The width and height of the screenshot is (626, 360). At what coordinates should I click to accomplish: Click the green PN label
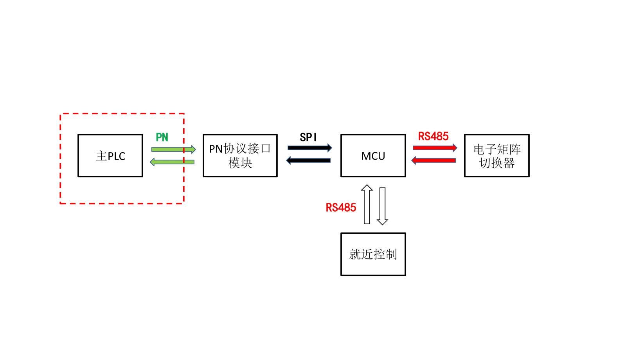point(162,137)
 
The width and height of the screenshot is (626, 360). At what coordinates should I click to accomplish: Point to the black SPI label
point(308,137)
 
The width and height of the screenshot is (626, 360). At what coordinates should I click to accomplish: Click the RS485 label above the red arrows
point(433,136)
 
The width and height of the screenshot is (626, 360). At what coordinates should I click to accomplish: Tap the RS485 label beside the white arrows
point(341,207)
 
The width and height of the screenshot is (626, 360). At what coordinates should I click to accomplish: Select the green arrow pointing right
point(173,149)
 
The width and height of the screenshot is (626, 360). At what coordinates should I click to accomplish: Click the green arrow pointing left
point(172,162)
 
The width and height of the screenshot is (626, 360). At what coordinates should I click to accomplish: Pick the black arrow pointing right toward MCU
point(309,148)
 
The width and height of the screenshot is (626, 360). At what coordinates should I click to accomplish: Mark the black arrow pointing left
point(308,160)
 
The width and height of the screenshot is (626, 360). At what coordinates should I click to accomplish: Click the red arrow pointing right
point(435,148)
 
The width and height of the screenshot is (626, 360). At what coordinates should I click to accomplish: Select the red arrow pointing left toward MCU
point(434,160)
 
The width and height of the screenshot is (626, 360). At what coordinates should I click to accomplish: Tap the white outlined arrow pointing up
point(367,204)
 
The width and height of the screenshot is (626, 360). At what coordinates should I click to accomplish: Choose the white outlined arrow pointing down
point(382,206)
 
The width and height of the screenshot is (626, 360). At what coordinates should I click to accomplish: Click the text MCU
point(373,156)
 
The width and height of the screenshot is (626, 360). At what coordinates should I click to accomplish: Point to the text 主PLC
point(110,156)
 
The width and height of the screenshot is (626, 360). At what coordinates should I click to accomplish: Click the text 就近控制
point(373,254)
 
